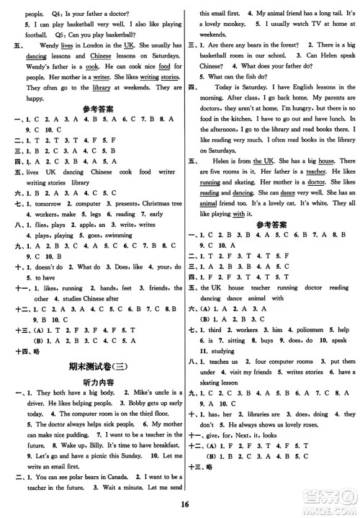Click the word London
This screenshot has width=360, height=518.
coord(99,45)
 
